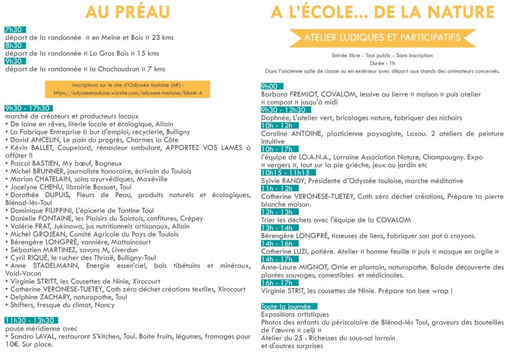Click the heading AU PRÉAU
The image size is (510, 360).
pyautogui.click(x=127, y=12)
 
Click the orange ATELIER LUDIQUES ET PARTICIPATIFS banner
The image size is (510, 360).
pyautogui.click(x=382, y=37)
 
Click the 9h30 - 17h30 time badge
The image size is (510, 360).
pyautogui.click(x=28, y=109)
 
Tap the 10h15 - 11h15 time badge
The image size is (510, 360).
pyautogui.click(x=286, y=172)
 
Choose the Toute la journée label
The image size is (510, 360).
pyautogui.click(x=286, y=307)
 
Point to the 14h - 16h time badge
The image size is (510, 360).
pyautogui.click(x=277, y=244)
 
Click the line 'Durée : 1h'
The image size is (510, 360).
pyautogui.click(x=382, y=63)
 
